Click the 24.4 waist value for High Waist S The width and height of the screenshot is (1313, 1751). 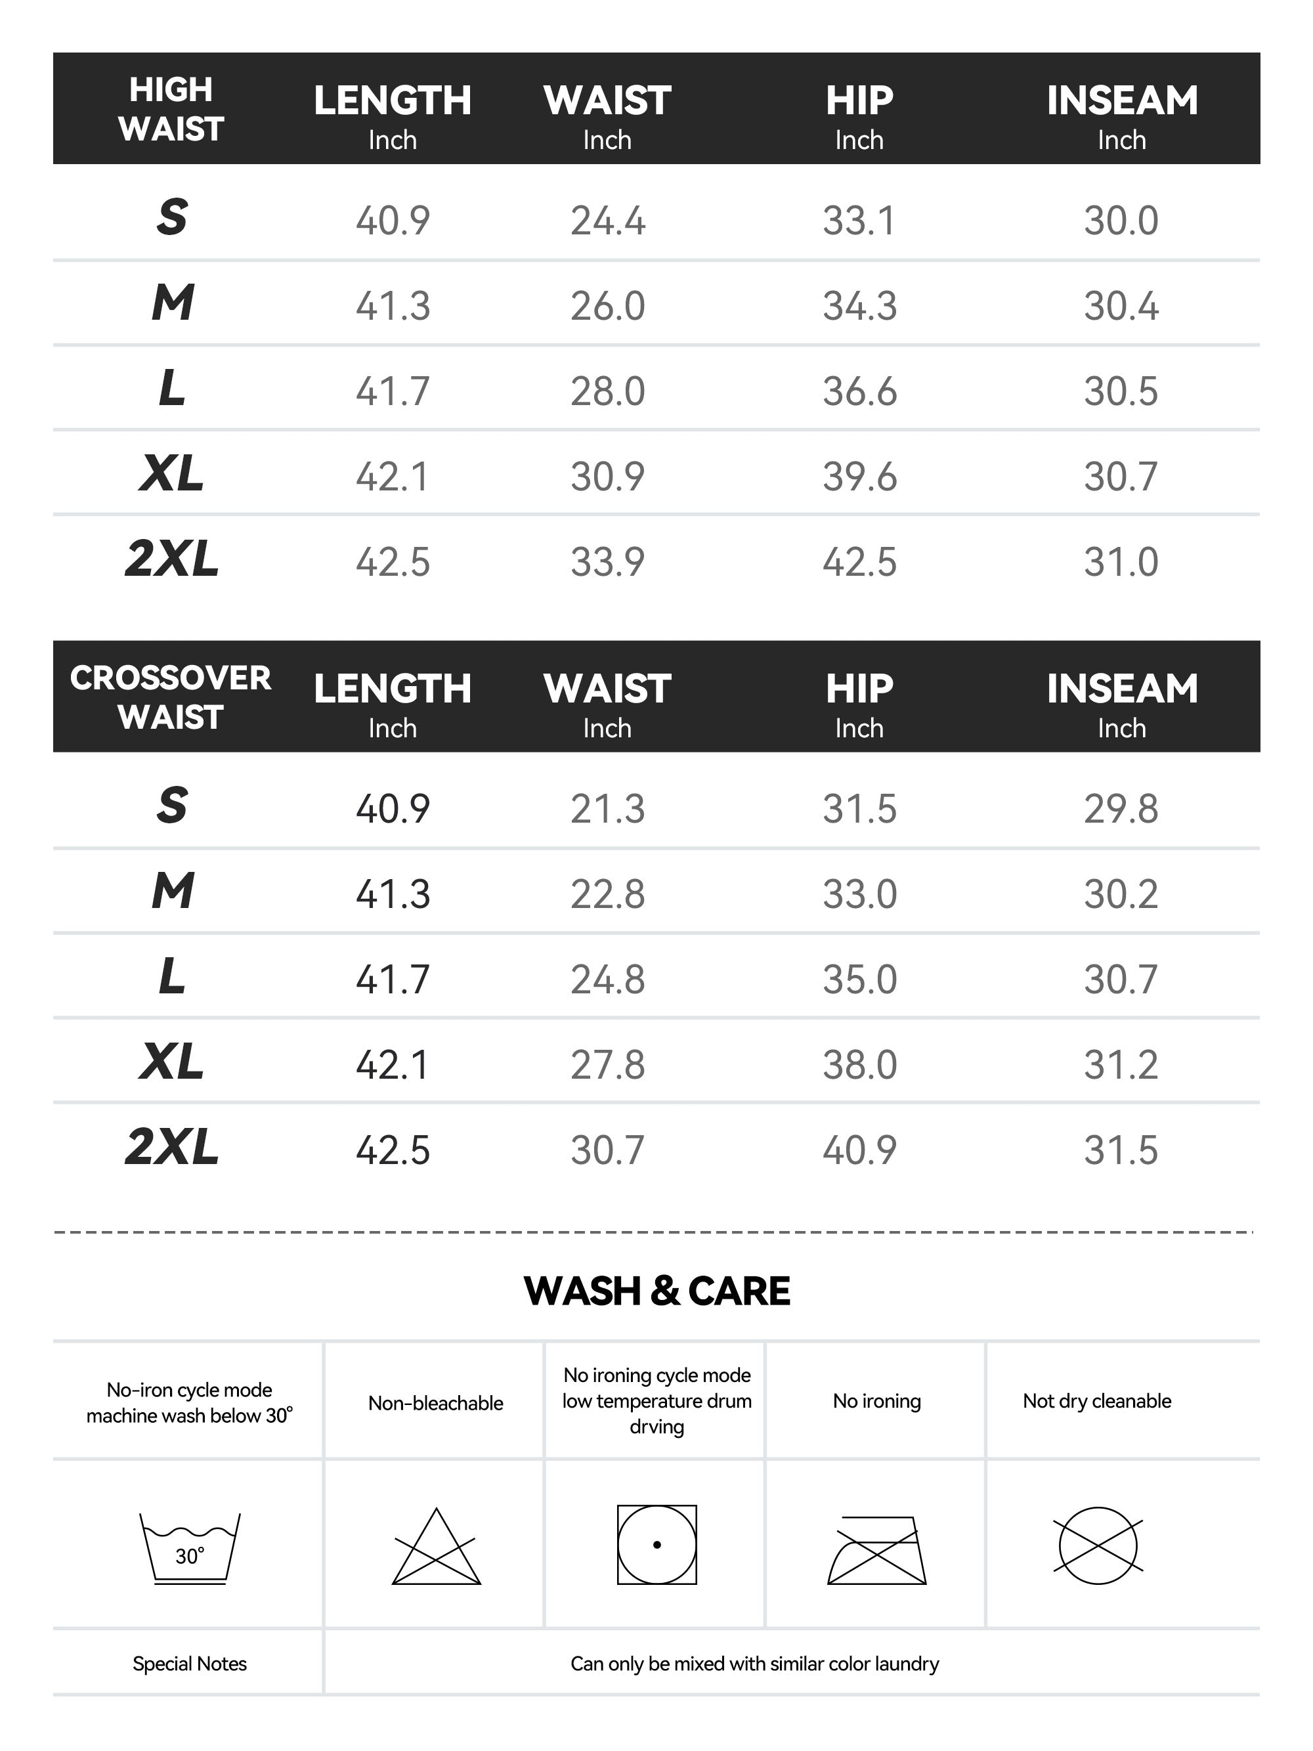tap(607, 220)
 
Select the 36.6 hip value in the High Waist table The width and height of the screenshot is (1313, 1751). tap(859, 391)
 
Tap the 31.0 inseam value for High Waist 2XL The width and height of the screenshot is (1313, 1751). tap(1121, 562)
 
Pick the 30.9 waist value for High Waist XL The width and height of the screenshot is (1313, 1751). tap(607, 477)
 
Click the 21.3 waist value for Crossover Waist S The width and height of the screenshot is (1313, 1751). tap(607, 809)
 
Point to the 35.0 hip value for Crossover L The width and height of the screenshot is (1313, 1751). tap(859, 979)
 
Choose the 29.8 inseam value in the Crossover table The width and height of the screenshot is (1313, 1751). tap(1121, 809)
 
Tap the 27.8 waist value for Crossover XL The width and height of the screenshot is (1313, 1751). tap(607, 1065)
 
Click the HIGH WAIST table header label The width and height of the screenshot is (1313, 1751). tap(171, 109)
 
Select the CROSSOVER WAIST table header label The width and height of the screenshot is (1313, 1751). tap(171, 697)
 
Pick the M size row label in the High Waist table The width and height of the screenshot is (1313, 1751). tap(173, 303)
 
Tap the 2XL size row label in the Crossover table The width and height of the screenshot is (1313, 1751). tap(172, 1148)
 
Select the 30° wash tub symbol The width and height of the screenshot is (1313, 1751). tap(190, 1548)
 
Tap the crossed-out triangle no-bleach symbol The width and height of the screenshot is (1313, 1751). tap(436, 1548)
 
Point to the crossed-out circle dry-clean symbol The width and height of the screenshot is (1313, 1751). tap(1098, 1546)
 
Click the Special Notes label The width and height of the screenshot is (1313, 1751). tap(189, 1664)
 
